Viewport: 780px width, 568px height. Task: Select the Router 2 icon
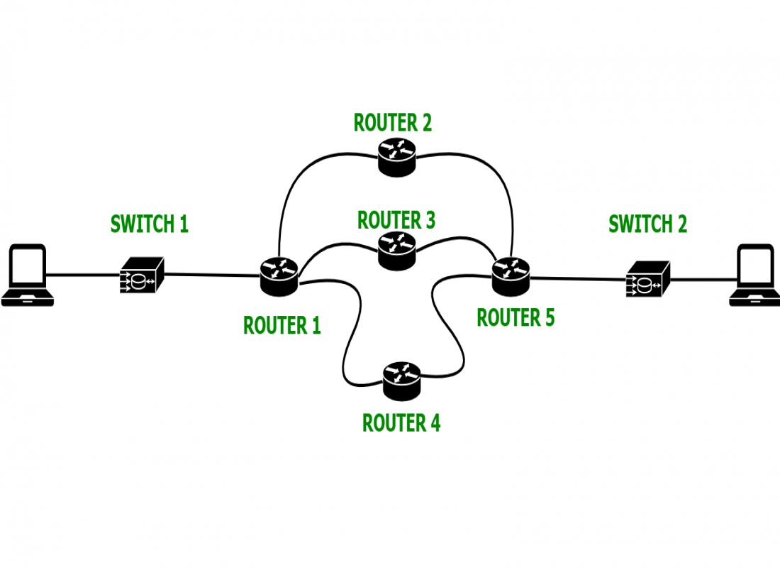coord(396,155)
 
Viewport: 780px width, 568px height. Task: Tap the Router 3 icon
coord(396,250)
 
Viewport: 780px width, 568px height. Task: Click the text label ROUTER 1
coord(282,325)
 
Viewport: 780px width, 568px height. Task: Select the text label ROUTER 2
coord(393,123)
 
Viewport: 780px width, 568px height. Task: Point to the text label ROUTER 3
coord(396,220)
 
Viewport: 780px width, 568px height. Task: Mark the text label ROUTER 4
coord(401,423)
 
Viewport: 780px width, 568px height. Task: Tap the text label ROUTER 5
coord(516,317)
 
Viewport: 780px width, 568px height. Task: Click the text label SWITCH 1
coord(150,224)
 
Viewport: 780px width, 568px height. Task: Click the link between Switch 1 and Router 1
coord(213,275)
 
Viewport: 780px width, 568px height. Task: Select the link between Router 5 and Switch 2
coord(578,279)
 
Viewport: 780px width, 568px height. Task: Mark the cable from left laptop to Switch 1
coord(84,274)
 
